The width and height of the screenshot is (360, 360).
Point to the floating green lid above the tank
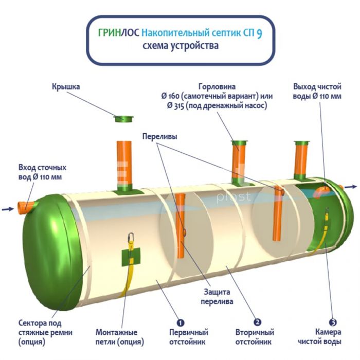click(123, 119)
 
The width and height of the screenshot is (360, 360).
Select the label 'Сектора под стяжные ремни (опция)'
click(43, 332)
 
